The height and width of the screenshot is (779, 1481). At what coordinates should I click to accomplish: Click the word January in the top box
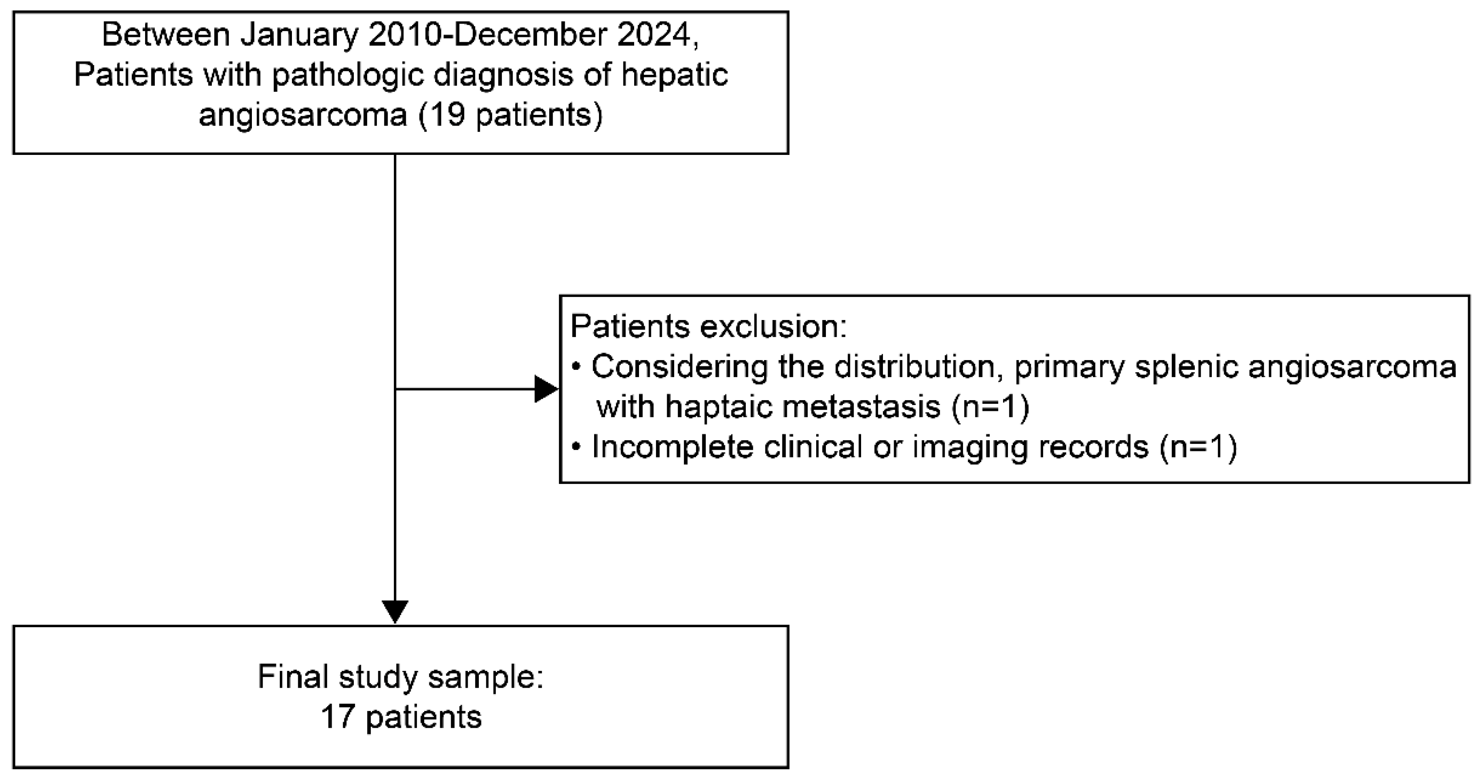tap(299, 36)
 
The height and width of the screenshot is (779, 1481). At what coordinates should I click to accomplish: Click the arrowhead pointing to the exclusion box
tap(546, 389)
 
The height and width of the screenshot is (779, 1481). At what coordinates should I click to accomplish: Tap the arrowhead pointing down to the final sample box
tap(396, 611)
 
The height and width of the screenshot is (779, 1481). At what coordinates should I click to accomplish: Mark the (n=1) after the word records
tap(1199, 447)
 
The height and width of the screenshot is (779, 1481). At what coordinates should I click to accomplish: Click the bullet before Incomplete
tap(577, 447)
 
